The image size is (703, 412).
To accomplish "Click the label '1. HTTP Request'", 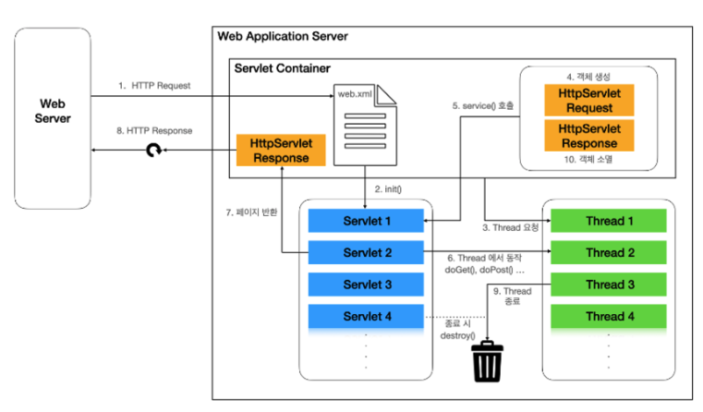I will (x=152, y=85).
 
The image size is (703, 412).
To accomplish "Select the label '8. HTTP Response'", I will (x=153, y=131).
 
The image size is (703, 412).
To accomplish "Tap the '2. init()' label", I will (x=391, y=189).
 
